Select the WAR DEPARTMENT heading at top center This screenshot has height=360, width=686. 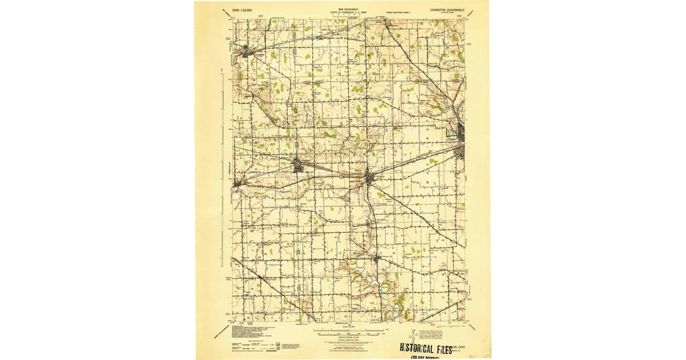(x=348, y=9)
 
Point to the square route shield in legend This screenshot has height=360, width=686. (x=278, y=345)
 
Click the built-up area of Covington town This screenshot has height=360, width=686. (x=369, y=177)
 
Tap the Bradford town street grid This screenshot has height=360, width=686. (x=299, y=166)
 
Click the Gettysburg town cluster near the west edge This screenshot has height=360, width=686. (x=237, y=183)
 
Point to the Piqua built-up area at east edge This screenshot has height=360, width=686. (x=461, y=137)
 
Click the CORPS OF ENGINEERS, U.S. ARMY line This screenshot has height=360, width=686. (x=348, y=13)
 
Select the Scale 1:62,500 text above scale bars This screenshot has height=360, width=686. (x=348, y=327)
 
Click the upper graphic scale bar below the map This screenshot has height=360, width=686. (x=348, y=331)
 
